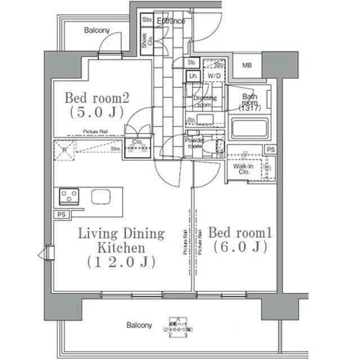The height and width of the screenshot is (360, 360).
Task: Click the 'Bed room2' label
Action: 97,98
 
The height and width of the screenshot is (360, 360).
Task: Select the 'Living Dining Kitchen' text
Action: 121,240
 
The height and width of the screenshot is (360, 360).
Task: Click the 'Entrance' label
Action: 171,21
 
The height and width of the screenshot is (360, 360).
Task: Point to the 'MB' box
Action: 247,66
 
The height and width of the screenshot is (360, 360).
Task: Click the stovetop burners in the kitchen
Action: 69,196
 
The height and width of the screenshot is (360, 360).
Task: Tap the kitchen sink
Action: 101,197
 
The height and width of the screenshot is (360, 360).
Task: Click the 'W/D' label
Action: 214,75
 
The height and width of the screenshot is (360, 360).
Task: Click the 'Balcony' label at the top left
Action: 96,30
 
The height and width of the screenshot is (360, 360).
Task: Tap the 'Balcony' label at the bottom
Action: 138,325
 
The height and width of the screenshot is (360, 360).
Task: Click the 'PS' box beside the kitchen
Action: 60,215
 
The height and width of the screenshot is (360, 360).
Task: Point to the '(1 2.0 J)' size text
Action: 121,262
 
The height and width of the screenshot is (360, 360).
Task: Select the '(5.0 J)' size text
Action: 97,112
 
